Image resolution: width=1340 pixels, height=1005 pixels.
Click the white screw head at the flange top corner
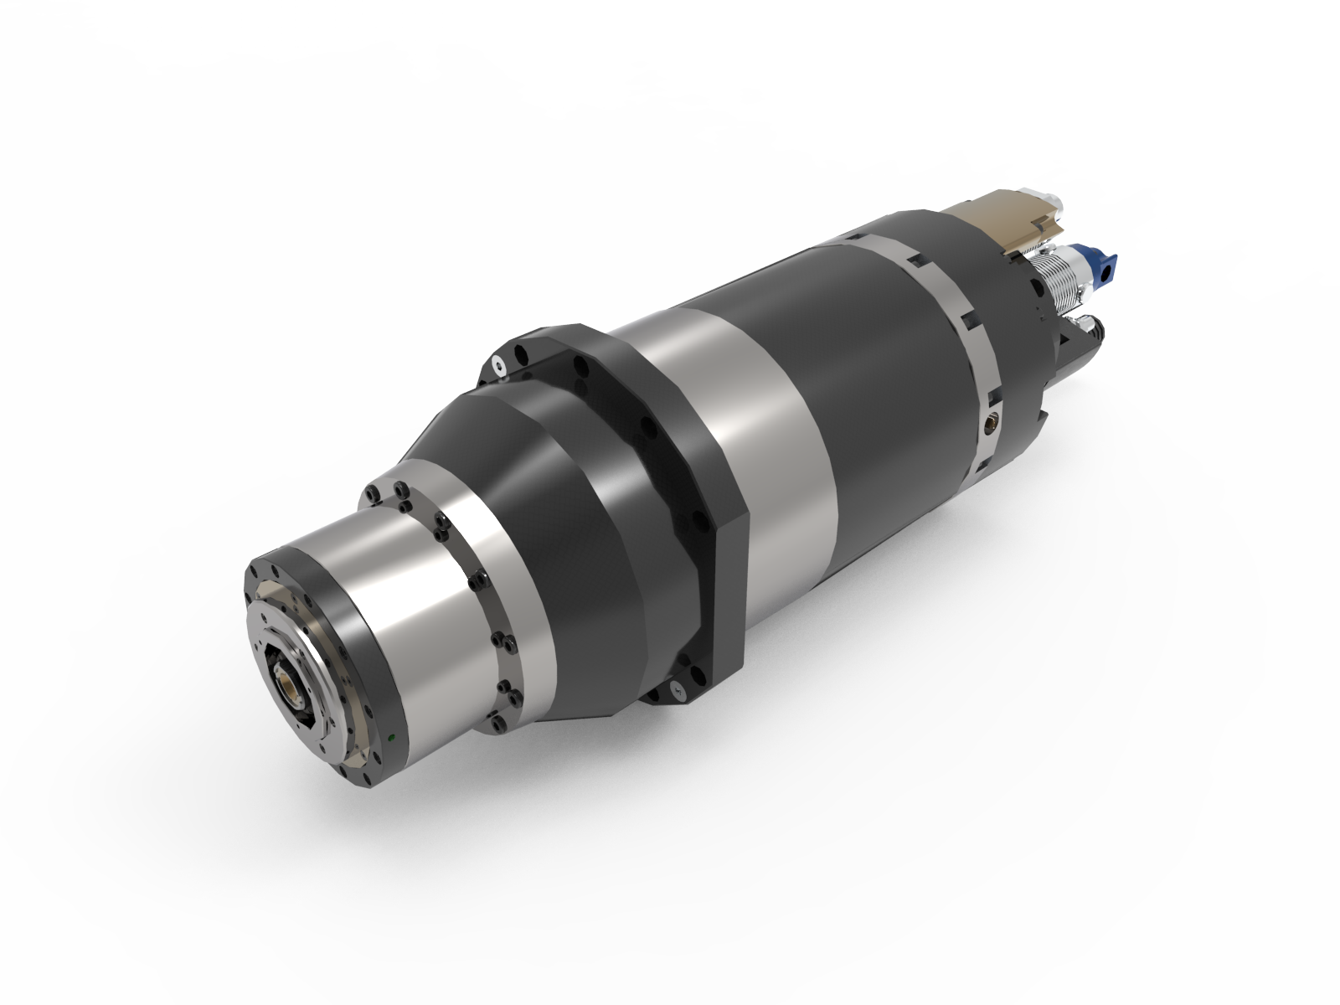pyautogui.click(x=499, y=365)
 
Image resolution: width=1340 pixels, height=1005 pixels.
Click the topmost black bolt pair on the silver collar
pyautogui.click(x=396, y=489)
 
